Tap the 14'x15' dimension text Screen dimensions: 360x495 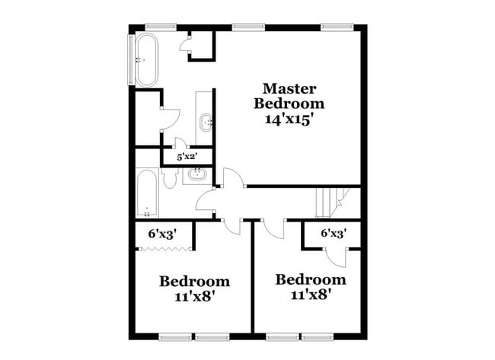coord(289,119)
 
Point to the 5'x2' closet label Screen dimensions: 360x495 coord(187,157)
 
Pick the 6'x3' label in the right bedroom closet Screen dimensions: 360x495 coord(332,234)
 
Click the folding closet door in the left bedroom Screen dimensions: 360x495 coord(164,249)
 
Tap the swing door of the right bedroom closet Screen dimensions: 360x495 coord(340,256)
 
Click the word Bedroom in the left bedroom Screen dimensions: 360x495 coord(194,282)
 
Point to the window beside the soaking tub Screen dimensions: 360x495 coord(128,59)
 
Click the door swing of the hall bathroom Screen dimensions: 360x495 coord(206,202)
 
